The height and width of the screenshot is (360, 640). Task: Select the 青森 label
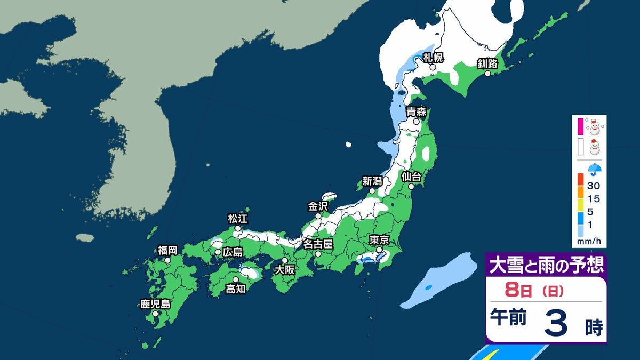[x=416, y=111]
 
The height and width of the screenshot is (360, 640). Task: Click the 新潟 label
[x=372, y=181]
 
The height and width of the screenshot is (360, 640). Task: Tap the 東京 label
[x=379, y=239]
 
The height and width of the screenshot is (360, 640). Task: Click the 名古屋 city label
[x=318, y=244]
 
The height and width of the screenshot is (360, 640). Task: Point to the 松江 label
[x=238, y=219]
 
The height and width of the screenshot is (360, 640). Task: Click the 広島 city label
[x=233, y=251]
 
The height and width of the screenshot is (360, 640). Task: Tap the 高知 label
[x=235, y=289]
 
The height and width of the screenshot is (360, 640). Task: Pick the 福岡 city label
[x=167, y=250]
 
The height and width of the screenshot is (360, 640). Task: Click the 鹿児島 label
[x=155, y=305]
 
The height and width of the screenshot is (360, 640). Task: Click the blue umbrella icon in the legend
[x=594, y=170]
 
